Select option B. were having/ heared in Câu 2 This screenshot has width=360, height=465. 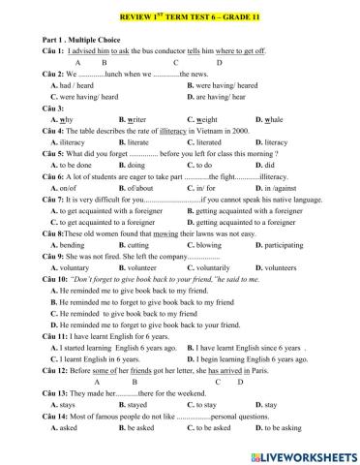pyautogui.click(x=224, y=85)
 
